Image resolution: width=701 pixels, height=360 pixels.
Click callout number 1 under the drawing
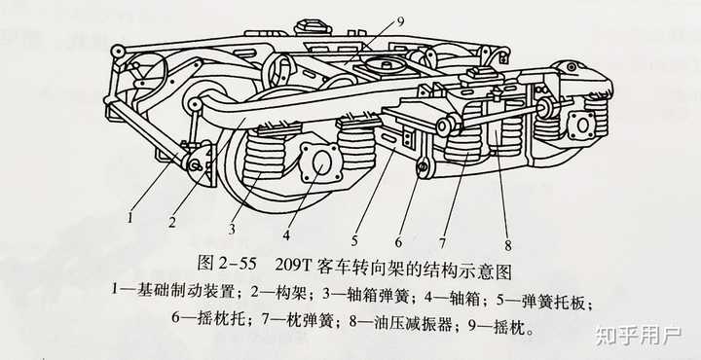click(x=130, y=218)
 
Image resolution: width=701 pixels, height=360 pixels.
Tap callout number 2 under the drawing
click(x=172, y=222)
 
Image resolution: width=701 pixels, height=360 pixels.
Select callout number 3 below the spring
click(x=231, y=230)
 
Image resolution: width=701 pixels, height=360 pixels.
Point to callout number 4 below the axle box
click(x=286, y=235)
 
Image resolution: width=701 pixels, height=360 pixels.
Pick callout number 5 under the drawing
click(x=354, y=241)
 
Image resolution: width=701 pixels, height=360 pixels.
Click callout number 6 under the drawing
click(x=398, y=242)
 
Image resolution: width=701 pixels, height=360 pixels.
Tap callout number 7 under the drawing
click(x=442, y=243)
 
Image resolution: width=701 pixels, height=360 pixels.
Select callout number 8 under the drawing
click(x=507, y=245)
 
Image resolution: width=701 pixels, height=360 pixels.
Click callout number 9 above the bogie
click(x=400, y=22)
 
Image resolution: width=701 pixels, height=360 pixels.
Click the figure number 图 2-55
click(x=227, y=265)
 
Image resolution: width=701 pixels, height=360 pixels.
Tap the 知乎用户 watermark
click(x=638, y=336)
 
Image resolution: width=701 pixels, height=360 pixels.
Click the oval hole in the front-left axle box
click(x=320, y=163)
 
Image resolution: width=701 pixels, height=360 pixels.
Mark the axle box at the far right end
click(x=581, y=125)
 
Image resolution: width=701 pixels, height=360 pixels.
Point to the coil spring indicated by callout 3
click(x=265, y=154)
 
